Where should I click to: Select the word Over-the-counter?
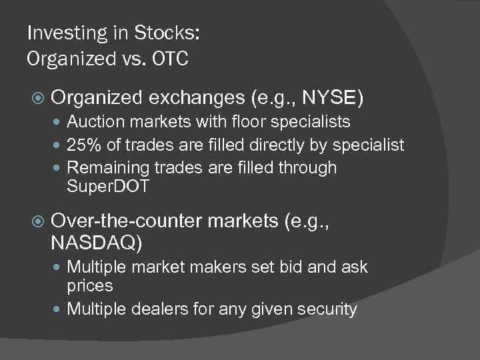click(126, 221)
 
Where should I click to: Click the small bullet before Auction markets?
click(59, 123)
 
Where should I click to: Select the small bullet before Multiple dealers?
click(59, 309)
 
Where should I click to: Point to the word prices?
click(90, 286)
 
